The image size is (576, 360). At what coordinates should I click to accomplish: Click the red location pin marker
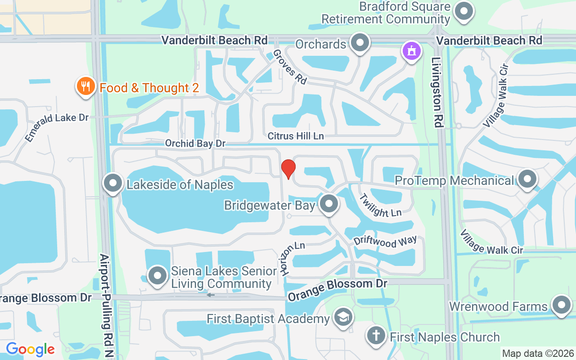(288, 169)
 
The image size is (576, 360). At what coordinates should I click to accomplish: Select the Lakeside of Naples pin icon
(113, 184)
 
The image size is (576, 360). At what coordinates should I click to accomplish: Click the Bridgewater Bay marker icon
(329, 203)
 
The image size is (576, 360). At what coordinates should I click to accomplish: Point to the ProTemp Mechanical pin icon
(527, 179)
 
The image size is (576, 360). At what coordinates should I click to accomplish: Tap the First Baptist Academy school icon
(343, 318)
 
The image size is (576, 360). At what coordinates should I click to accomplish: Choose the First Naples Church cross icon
(376, 336)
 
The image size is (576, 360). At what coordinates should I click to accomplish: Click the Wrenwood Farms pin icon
(561, 305)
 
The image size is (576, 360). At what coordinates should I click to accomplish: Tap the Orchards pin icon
(360, 43)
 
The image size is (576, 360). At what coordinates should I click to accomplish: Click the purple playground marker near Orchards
(411, 51)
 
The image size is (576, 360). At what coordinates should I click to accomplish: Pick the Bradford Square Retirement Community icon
(464, 11)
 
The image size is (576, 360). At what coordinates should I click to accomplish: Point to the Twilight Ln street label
(381, 206)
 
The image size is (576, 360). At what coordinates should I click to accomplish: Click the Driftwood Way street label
(385, 242)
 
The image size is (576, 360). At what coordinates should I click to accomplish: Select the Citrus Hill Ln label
(296, 136)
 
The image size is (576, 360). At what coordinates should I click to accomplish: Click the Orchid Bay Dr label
(195, 144)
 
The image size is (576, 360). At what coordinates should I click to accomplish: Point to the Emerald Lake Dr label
(57, 126)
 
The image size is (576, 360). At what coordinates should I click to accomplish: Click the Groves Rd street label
(290, 67)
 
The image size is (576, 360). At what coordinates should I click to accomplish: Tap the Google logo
(30, 349)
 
